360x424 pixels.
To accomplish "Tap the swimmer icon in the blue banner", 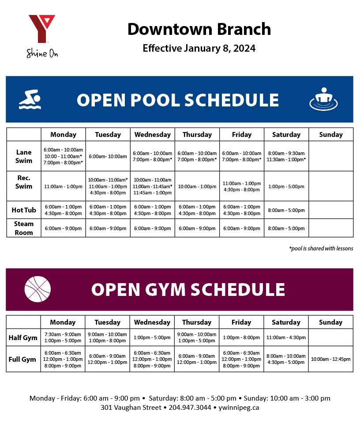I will click(x=30, y=99).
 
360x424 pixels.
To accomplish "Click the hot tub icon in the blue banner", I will click(x=323, y=99).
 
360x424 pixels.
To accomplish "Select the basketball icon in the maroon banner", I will click(x=37, y=289).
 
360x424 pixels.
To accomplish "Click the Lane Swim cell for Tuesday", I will click(x=108, y=156).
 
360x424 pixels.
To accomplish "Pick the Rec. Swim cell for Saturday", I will click(x=286, y=186).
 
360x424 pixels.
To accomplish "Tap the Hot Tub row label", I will click(x=24, y=210).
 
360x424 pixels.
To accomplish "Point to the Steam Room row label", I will click(x=24, y=228).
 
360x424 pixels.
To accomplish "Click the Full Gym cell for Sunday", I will click(x=330, y=359).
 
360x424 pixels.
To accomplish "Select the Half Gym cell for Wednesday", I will click(x=152, y=338).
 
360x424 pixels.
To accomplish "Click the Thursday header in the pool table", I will click(x=197, y=135).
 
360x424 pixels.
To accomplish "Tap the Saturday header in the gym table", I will click(x=286, y=322).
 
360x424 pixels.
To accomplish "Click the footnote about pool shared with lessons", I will click(x=321, y=249).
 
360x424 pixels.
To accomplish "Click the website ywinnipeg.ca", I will click(x=239, y=408).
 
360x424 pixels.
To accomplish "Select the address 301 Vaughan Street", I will click(x=131, y=408).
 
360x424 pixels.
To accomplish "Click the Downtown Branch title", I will click(x=199, y=29).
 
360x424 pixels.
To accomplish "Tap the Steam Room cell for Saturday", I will click(x=286, y=228).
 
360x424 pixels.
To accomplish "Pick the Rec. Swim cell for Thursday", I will click(x=197, y=186).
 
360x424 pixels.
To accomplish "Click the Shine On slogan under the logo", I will click(x=42, y=53).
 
